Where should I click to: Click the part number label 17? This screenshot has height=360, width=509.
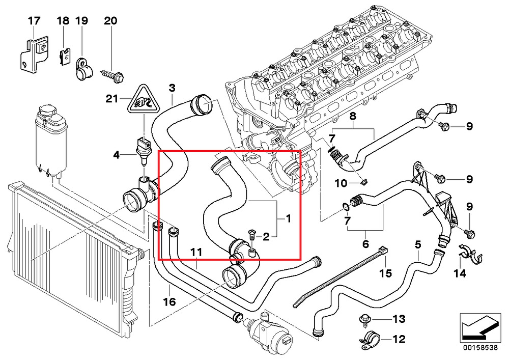point(34,21)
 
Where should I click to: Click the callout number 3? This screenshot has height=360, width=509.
point(172,88)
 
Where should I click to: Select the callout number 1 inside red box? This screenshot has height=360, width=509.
point(288,219)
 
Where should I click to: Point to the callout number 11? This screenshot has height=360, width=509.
point(196,252)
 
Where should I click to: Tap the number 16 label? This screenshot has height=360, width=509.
point(169,301)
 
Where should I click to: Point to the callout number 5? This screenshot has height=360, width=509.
point(417,244)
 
